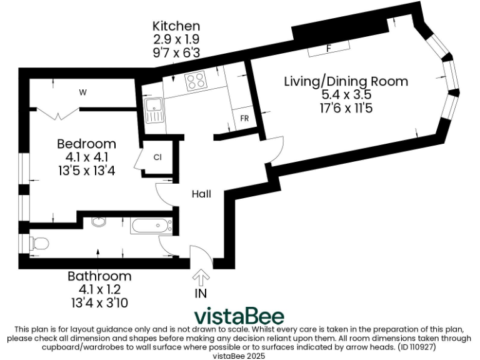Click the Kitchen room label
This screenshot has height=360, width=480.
coord(176,26)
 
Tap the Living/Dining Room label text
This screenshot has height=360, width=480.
coord(346,81)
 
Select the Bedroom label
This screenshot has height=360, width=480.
coord(86,143)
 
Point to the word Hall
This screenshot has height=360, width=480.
coord(201,194)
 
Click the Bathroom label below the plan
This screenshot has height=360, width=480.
coord(99,276)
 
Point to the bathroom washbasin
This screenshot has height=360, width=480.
coord(98,221)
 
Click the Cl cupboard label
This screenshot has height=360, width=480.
coord(157,157)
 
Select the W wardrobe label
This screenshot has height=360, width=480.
coord(82,92)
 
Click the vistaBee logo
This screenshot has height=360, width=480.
coord(239,316)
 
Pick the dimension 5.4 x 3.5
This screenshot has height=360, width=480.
coord(346,94)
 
